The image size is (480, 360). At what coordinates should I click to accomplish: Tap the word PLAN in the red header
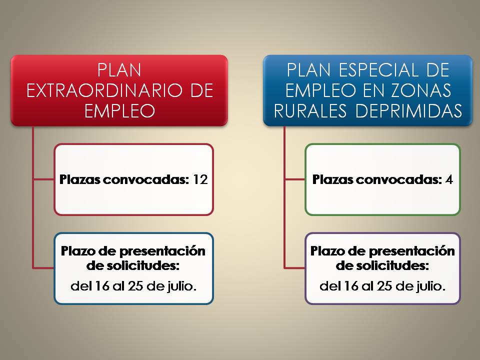[119, 70]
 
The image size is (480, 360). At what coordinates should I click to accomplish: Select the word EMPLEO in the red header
[119, 110]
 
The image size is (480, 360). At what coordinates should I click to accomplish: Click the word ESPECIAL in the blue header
[378, 70]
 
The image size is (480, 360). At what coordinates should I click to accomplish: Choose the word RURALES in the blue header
[310, 110]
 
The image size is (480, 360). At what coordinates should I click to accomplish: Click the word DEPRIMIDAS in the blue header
[408, 110]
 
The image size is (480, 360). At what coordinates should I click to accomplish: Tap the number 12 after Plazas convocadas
[200, 179]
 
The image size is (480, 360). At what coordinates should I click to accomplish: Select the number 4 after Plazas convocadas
[449, 179]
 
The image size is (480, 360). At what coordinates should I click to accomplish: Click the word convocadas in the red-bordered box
[146, 179]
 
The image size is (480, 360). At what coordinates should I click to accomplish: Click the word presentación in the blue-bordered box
[162, 251]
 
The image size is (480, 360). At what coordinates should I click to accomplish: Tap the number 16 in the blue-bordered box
[102, 286]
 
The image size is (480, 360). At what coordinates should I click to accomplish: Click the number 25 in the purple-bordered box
[384, 286]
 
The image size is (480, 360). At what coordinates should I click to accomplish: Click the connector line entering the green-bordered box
[295, 179]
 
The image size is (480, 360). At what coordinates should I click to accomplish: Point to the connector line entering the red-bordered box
[43, 179]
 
